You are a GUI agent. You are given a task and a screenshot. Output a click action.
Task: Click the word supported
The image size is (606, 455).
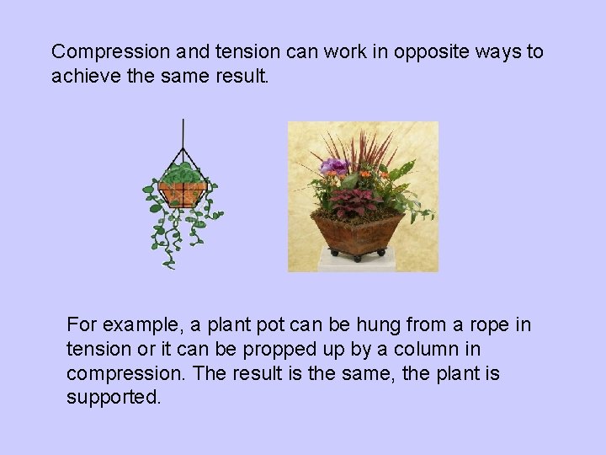click(x=113, y=397)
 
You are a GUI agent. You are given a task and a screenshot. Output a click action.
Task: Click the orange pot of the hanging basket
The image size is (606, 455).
click(x=183, y=194)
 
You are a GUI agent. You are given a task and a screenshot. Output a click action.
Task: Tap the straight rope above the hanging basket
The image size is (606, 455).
click(x=183, y=135)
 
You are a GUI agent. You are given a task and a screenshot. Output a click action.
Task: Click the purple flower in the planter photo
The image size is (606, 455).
click(x=334, y=166)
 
